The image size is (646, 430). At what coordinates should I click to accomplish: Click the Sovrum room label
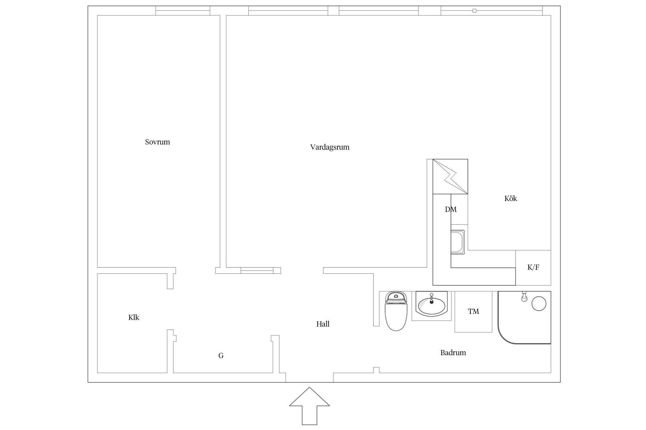[x=157, y=142]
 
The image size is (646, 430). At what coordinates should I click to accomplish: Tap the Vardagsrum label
[x=330, y=147]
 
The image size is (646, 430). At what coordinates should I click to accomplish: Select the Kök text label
[x=510, y=198]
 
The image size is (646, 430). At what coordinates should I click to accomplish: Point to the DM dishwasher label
[x=450, y=210]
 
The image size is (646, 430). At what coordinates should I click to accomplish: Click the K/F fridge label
[x=533, y=267]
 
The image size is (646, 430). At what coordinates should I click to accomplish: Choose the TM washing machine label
[x=473, y=311]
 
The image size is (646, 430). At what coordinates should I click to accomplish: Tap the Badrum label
[x=453, y=353]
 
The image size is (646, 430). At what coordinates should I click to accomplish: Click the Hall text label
[x=323, y=324]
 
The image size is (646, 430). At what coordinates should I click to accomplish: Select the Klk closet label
[x=134, y=317]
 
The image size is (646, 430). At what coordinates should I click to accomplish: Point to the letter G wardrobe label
[x=221, y=356]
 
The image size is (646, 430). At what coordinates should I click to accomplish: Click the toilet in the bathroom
[x=396, y=311]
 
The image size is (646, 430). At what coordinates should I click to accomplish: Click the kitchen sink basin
[x=457, y=242]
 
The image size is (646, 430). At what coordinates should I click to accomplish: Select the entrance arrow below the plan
[x=310, y=406]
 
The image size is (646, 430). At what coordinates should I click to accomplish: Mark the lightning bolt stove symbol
[x=450, y=177]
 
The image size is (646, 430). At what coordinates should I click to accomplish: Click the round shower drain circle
[x=539, y=304]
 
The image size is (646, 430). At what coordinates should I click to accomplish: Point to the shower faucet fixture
[x=524, y=296]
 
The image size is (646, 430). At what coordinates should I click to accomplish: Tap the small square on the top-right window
[x=474, y=11]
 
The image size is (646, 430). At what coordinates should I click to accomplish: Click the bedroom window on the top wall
[x=183, y=11]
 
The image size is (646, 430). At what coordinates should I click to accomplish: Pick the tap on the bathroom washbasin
[x=431, y=298]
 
